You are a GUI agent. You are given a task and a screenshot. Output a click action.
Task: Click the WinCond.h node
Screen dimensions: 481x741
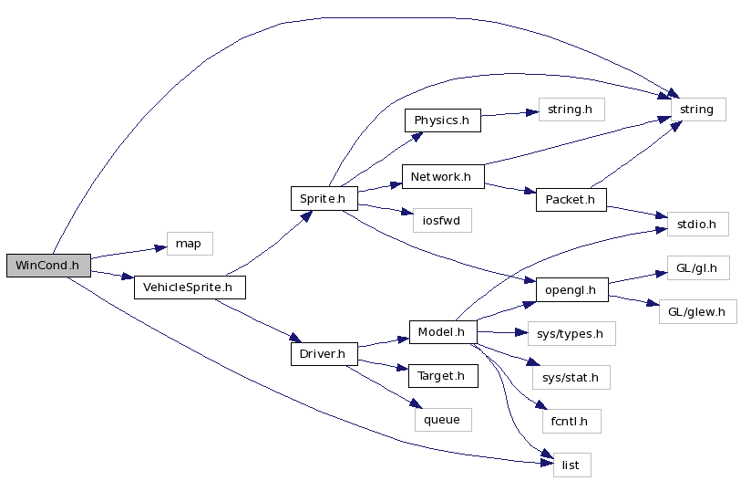coord(47,265)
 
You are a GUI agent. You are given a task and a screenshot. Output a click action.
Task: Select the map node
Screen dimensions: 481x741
coord(189,244)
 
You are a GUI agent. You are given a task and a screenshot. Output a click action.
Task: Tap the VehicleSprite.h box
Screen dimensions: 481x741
coord(190,288)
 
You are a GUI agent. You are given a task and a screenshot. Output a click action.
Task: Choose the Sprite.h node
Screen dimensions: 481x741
coord(324,197)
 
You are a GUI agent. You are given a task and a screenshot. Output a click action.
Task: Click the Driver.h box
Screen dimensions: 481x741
coord(324,353)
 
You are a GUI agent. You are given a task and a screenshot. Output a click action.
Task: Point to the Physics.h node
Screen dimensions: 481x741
coord(442,120)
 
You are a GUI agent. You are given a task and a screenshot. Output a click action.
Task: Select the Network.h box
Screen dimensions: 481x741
coord(441,176)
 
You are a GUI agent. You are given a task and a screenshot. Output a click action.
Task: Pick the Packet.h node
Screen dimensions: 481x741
coord(571,199)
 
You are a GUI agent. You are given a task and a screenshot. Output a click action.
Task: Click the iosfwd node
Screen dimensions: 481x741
coord(440,220)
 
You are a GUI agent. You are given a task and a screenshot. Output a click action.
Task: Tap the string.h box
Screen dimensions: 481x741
coord(571,110)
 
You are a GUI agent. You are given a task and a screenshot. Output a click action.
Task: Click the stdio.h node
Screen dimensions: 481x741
coord(697,223)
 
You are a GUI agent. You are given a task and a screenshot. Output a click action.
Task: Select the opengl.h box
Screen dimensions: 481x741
coord(571,290)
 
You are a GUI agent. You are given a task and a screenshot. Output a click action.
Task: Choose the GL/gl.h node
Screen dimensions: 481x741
coord(697,268)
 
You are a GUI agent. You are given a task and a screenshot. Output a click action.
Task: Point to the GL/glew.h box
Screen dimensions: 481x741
coord(697,311)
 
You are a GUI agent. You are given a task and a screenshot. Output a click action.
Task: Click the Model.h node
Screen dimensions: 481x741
coord(442,332)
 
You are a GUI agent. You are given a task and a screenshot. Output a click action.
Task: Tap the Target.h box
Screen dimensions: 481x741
coord(442,375)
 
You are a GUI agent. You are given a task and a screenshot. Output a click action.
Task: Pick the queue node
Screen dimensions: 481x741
coord(442,419)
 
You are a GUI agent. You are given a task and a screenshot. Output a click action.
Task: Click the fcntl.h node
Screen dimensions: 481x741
coord(570,421)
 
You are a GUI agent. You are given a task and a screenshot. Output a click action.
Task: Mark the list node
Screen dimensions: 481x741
coord(571,465)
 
